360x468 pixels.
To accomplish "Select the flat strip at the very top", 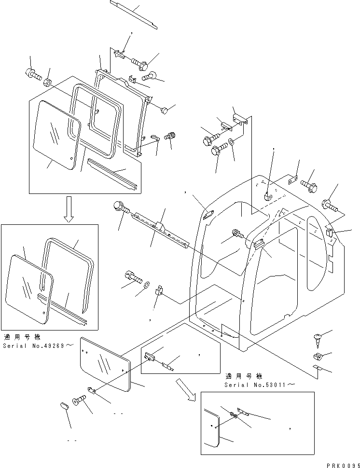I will pyautogui.click(x=134, y=15).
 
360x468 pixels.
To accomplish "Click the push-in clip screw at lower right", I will pyautogui.click(x=318, y=340).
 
